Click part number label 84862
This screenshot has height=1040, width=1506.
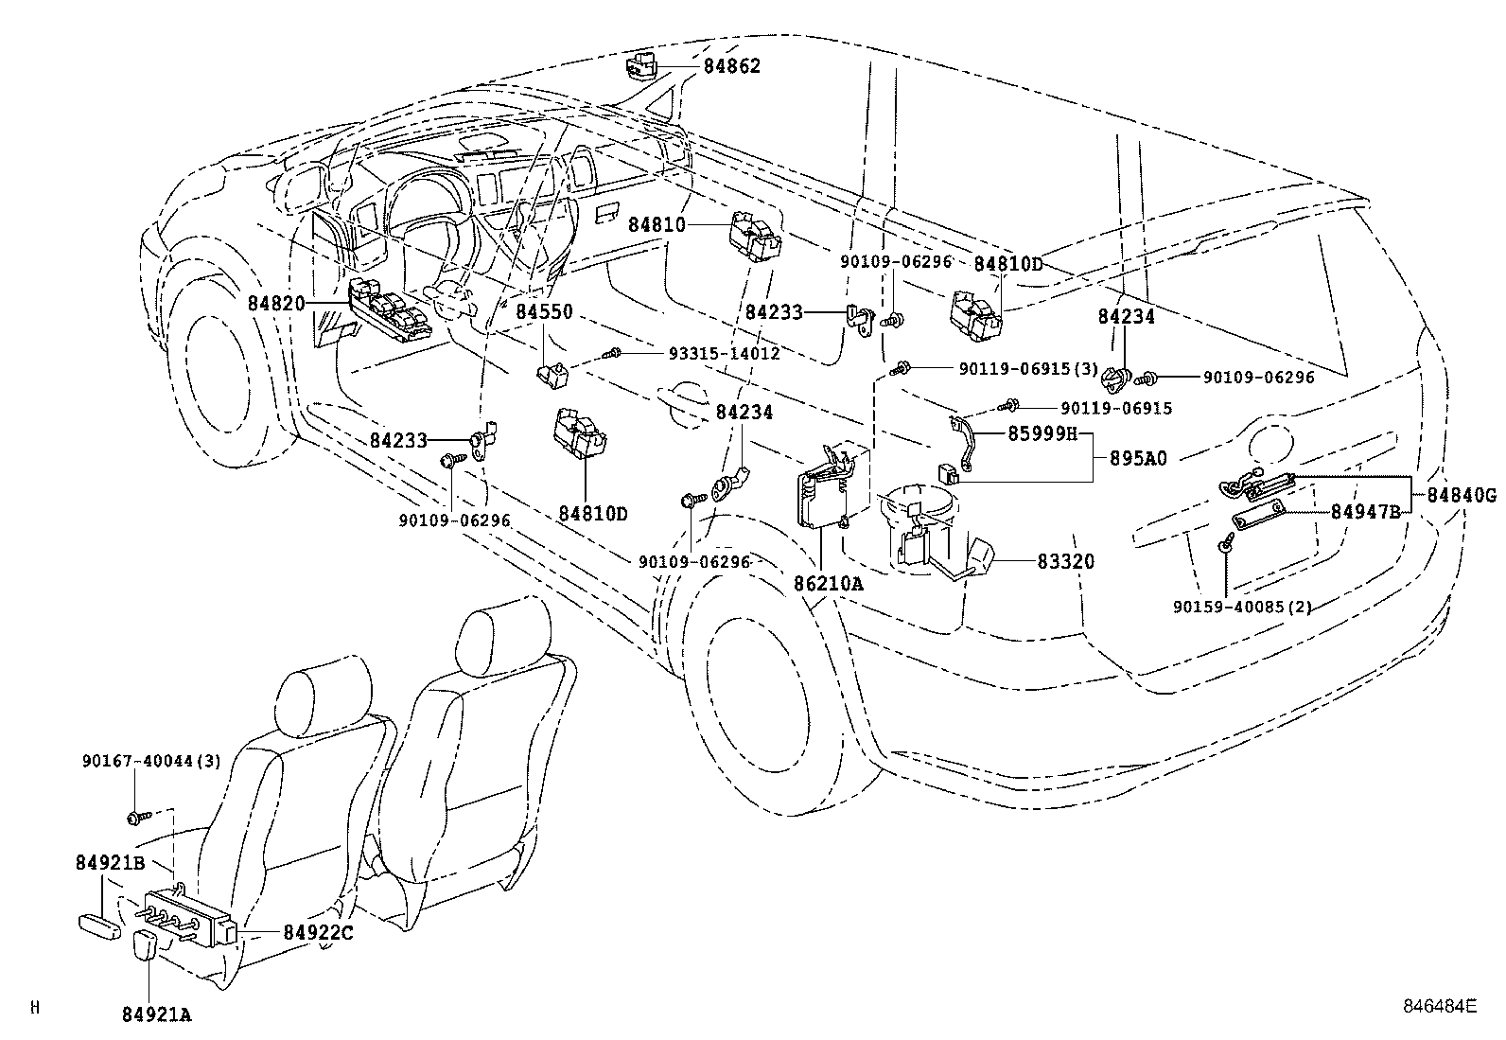pyautogui.click(x=732, y=66)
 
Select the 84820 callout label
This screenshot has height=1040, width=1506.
pyautogui.click(x=276, y=304)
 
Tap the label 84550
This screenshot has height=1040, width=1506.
pyautogui.click(x=545, y=311)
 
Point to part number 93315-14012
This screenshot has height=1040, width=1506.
pyautogui.click(x=724, y=353)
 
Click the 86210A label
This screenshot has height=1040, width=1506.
pyautogui.click(x=829, y=583)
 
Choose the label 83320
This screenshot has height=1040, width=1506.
pyautogui.click(x=1065, y=561)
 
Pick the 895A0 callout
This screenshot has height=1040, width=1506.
pyautogui.click(x=1138, y=458)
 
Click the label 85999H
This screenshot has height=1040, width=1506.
pyautogui.click(x=1042, y=434)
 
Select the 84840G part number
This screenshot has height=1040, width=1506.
pyautogui.click(x=1462, y=495)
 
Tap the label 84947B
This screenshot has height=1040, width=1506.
pyautogui.click(x=1365, y=512)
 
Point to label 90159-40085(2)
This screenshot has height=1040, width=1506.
pyautogui.click(x=1242, y=607)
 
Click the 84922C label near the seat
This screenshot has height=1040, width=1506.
pyautogui.click(x=318, y=932)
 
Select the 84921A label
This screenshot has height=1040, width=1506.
pyautogui.click(x=157, y=1014)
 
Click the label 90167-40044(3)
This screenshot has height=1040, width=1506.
pyautogui.click(x=151, y=761)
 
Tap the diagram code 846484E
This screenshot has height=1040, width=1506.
pyautogui.click(x=1440, y=1006)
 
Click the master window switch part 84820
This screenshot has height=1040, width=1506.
pyautogui.click(x=390, y=310)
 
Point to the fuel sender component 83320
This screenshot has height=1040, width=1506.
pyautogui.click(x=935, y=538)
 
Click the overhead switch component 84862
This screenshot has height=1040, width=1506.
pyautogui.click(x=642, y=65)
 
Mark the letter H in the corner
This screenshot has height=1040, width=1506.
pyautogui.click(x=35, y=1007)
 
